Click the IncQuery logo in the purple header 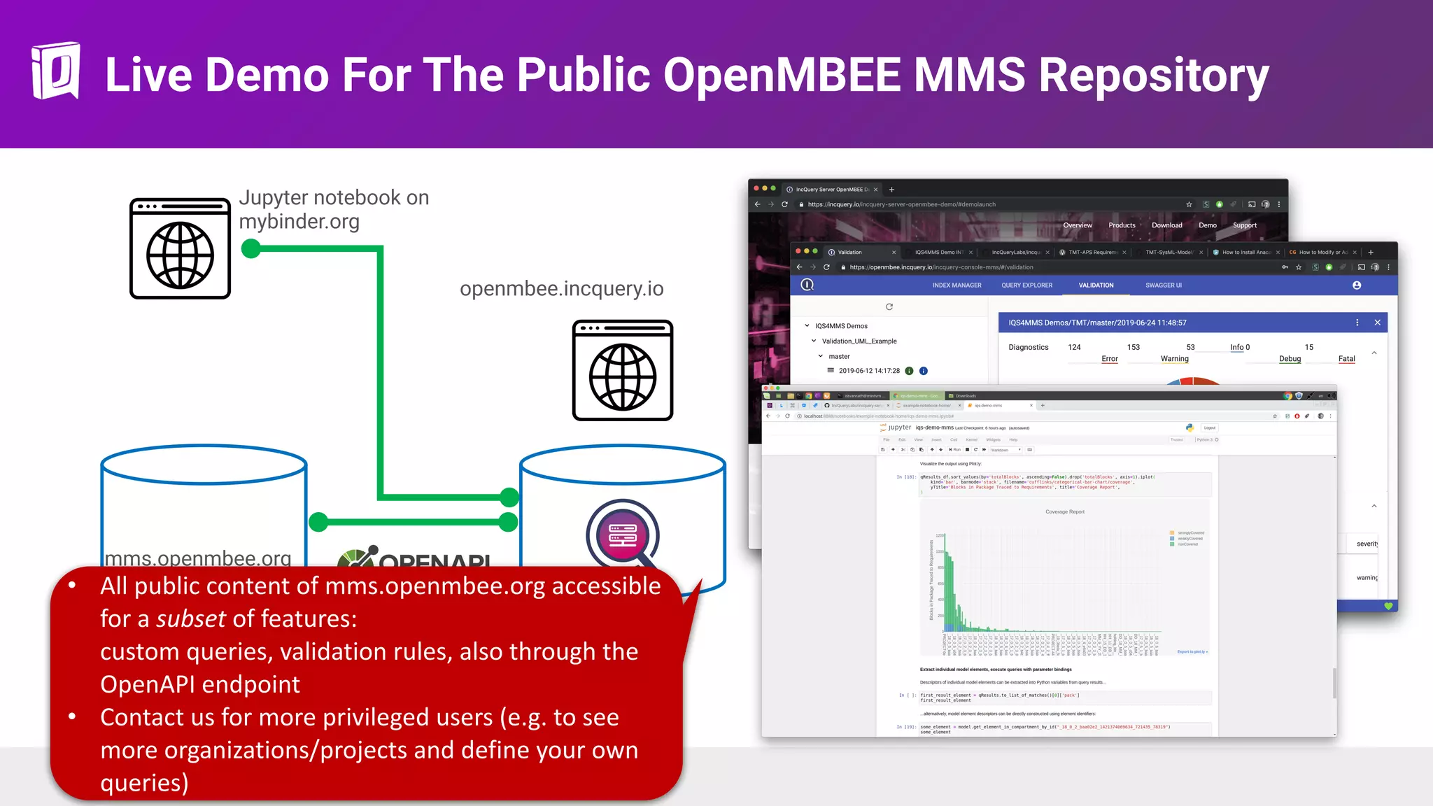(55, 71)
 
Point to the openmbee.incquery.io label (561, 289)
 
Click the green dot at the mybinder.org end (250, 248)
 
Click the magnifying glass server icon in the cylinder (623, 536)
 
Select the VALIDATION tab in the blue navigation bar (1096, 285)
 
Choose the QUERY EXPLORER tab (1026, 285)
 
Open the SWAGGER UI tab (1163, 285)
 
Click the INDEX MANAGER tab (956, 285)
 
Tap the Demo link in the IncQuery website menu (1207, 225)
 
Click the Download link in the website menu (1166, 225)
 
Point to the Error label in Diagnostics (1109, 359)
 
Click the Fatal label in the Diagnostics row (1346, 359)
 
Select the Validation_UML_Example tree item (859, 341)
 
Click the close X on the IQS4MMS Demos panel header (1377, 323)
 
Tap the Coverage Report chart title (1064, 512)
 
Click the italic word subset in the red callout (190, 619)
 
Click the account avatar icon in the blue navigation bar (1356, 285)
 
